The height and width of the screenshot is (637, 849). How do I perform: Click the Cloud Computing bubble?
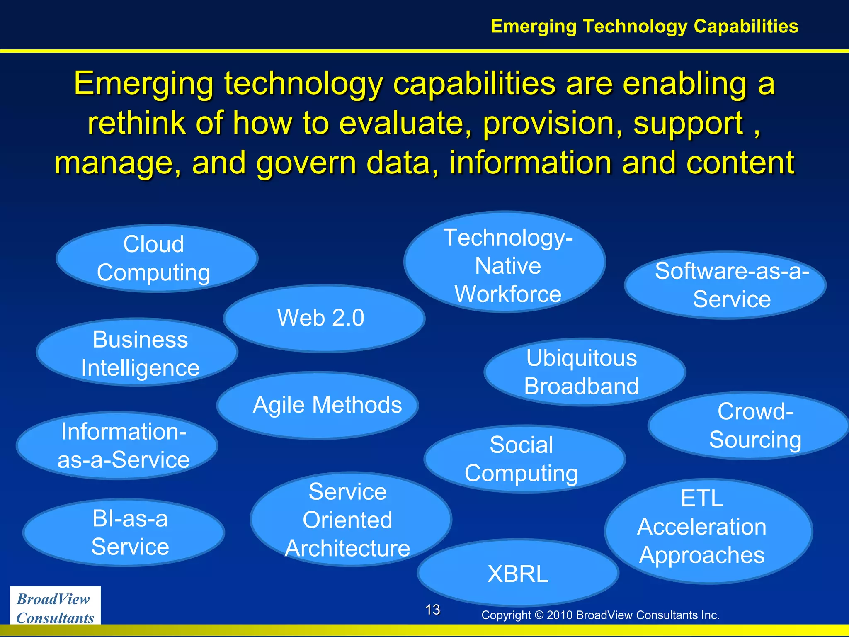[x=157, y=258]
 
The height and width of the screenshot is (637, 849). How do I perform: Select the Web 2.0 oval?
[x=324, y=318]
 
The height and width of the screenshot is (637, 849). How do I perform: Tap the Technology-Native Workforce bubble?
[x=505, y=262]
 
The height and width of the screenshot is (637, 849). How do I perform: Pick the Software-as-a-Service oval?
[x=725, y=285]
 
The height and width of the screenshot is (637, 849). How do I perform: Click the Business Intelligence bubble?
[x=137, y=353]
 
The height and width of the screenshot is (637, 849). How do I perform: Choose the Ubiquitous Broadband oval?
[x=584, y=372]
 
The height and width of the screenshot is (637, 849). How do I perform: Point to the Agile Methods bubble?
[x=318, y=405]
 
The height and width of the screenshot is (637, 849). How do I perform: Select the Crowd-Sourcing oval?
[x=748, y=425]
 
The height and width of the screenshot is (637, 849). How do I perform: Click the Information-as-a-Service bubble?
[x=117, y=445]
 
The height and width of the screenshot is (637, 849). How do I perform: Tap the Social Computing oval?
[x=524, y=459]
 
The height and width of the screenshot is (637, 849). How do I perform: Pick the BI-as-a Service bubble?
[x=124, y=532]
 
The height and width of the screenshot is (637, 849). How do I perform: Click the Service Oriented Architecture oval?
[x=351, y=519]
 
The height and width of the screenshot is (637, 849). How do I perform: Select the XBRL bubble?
[x=518, y=574]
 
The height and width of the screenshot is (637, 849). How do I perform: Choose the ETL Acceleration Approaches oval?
[x=708, y=531]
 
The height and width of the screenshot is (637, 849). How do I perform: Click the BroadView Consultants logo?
[x=55, y=608]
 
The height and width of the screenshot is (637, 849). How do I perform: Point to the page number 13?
[x=432, y=610]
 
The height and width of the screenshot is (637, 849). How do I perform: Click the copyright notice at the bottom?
[x=600, y=615]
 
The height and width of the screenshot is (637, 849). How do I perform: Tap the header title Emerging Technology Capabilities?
[x=644, y=26]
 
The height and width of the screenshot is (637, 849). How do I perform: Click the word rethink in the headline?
[x=136, y=123]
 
